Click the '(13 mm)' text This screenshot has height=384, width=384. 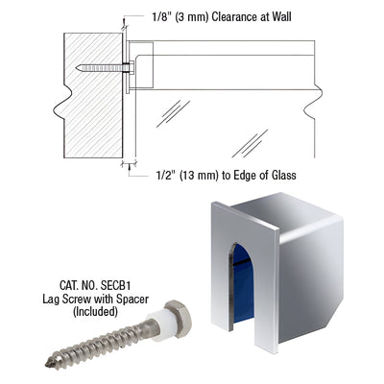tap(204, 176)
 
